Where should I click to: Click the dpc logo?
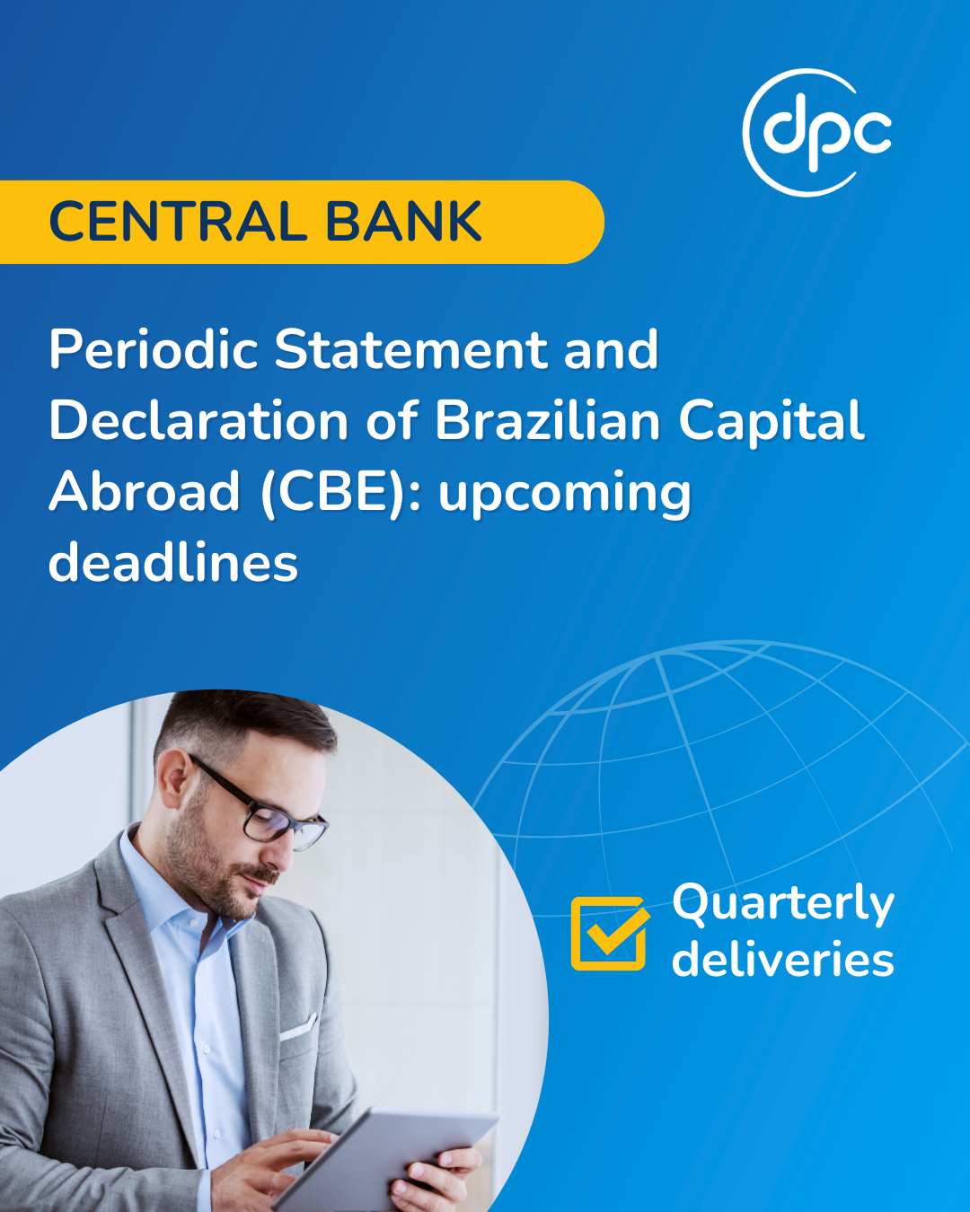817,133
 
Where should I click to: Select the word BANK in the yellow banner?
403,222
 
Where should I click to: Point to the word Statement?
410,349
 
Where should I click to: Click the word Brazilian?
547,420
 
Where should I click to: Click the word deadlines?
173,562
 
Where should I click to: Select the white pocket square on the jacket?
298,1027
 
